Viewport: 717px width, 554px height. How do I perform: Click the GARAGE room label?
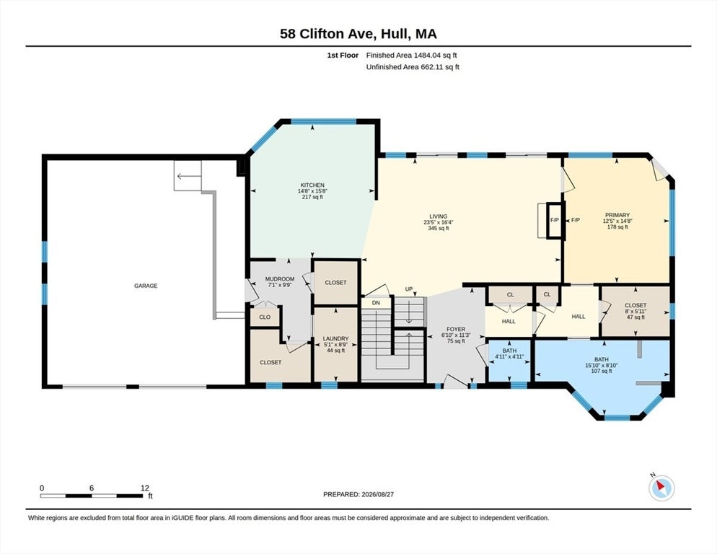click(x=146, y=286)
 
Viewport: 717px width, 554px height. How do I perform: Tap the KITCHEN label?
click(x=312, y=185)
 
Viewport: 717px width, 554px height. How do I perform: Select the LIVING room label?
click(x=438, y=216)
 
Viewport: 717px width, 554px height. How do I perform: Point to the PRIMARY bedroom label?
click(x=617, y=215)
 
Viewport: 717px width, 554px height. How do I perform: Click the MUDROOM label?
click(x=280, y=279)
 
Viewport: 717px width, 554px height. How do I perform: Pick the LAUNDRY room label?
click(x=335, y=338)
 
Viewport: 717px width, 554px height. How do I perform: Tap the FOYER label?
click(x=456, y=330)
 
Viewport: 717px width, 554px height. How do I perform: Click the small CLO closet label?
click(x=265, y=317)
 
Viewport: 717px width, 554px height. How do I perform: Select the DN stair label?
click(x=376, y=303)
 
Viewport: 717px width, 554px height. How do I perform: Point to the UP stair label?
click(x=409, y=289)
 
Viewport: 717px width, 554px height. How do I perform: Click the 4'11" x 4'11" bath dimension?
click(x=509, y=356)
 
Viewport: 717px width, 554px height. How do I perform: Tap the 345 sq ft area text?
click(x=438, y=228)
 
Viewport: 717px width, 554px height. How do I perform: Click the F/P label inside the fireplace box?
click(x=555, y=220)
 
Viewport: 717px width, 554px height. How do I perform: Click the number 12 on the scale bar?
click(x=145, y=488)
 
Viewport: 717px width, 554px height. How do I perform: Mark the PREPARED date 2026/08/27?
click(x=377, y=494)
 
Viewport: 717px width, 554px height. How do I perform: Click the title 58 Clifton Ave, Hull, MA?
click(x=358, y=33)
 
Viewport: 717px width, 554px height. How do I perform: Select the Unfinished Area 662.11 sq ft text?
click(x=413, y=67)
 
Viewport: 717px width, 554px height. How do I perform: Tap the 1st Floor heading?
click(x=343, y=55)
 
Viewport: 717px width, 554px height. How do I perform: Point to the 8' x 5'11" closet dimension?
click(x=635, y=311)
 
